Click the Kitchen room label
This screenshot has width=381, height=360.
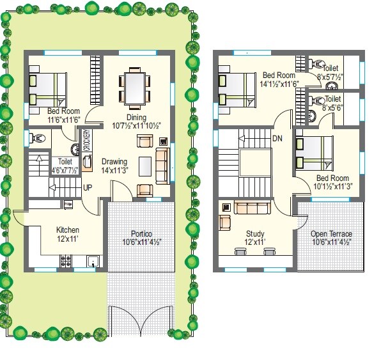68,230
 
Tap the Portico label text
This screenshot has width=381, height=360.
141,233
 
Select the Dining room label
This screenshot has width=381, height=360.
136,117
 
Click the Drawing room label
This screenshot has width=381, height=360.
114,161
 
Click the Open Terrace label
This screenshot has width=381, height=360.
331,234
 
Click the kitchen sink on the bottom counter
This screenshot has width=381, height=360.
93,261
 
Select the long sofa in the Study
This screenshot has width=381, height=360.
252,207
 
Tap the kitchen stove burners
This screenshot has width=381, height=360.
65,260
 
